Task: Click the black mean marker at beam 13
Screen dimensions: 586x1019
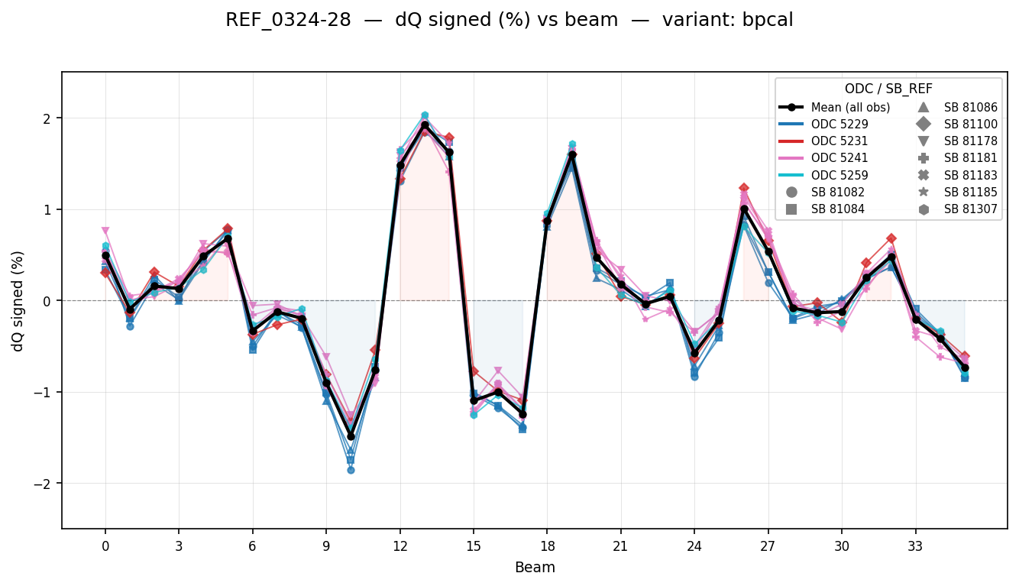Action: click(425, 125)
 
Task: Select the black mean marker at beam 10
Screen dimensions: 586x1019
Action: click(351, 436)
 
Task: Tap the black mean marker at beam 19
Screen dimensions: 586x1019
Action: click(572, 154)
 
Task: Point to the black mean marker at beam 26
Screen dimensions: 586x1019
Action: click(744, 209)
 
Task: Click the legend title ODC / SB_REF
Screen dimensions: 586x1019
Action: click(888, 89)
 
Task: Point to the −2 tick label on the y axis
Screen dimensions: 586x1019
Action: click(45, 484)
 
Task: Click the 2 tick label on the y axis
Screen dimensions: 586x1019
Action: click(47, 118)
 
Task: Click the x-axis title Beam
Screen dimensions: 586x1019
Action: click(535, 568)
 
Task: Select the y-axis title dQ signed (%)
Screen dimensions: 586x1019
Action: click(18, 300)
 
